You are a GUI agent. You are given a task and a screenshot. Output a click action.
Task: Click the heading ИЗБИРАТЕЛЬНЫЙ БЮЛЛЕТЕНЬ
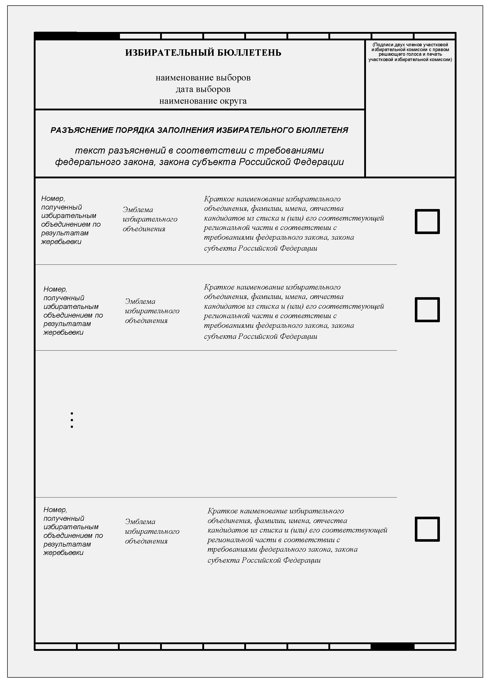click(203, 53)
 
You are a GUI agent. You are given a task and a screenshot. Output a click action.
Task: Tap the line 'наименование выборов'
click(203, 78)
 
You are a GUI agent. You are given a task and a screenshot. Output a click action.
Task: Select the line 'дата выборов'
click(203, 89)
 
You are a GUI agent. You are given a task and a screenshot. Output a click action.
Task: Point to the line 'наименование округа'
click(203, 101)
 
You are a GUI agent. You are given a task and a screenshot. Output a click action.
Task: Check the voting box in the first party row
click(427, 221)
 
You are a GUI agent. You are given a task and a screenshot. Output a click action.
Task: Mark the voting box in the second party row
click(427, 309)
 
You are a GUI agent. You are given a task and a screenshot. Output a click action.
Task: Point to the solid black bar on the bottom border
click(392, 646)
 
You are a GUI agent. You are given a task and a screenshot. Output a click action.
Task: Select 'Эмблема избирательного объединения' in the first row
click(150, 219)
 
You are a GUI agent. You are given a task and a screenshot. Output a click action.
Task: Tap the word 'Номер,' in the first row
click(53, 199)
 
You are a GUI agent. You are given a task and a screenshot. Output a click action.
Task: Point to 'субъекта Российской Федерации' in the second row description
click(261, 336)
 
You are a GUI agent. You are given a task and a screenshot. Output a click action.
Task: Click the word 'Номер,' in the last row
click(55, 510)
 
